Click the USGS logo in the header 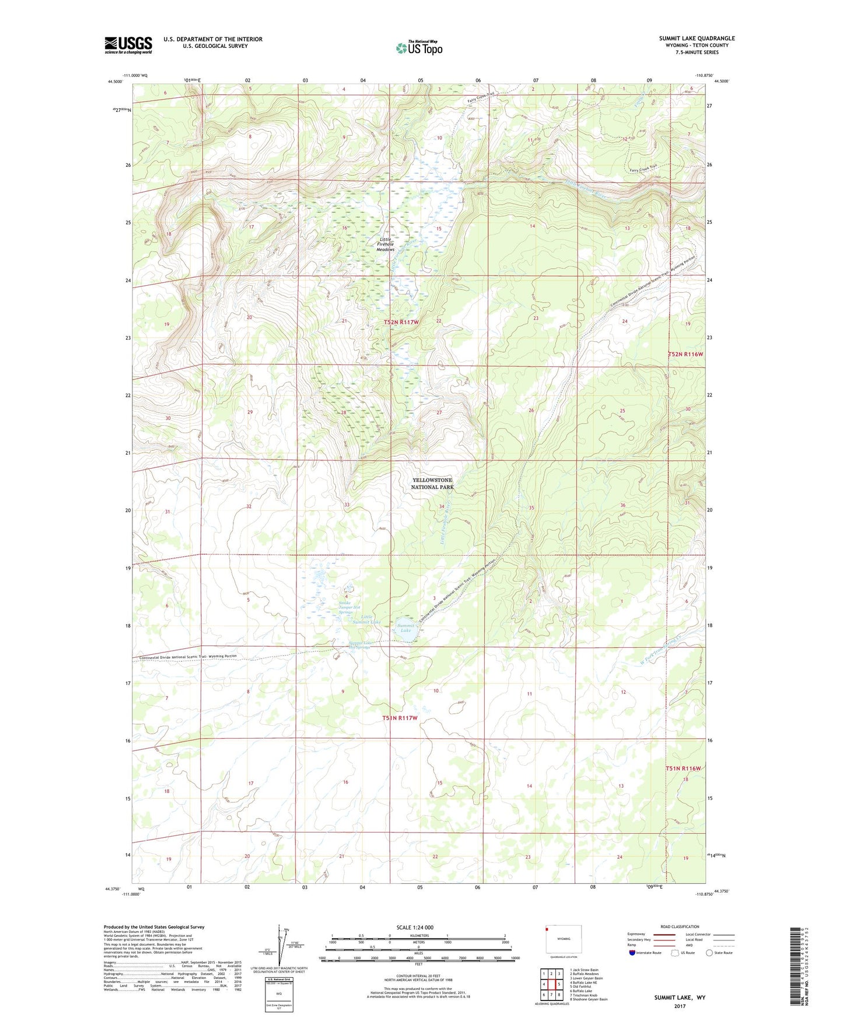[128, 45]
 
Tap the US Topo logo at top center [419, 48]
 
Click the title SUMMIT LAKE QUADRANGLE [697, 38]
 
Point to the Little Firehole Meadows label [386, 244]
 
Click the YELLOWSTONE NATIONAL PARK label [432, 483]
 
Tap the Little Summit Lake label [366, 619]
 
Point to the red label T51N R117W [400, 718]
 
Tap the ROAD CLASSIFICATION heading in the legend [679, 926]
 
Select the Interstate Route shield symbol [632, 953]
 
